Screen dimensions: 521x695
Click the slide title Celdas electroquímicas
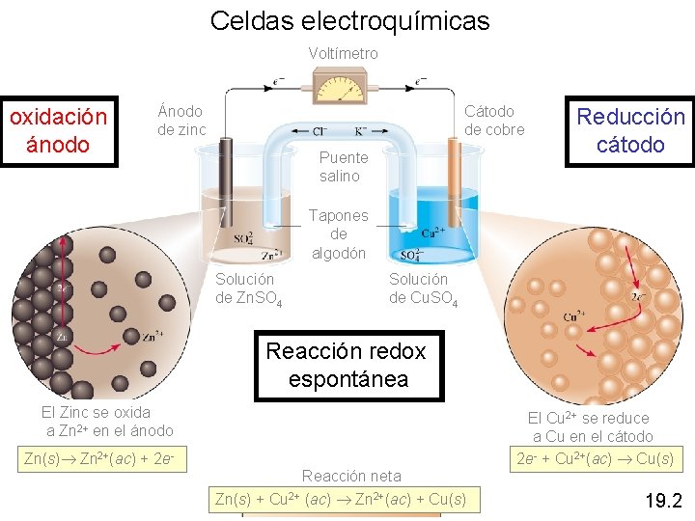tap(349, 20)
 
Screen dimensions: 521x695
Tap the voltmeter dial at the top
tap(343, 86)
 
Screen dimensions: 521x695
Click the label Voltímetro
tap(343, 54)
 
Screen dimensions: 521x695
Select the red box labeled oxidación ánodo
tap(58, 131)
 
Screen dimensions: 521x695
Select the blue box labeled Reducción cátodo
tap(630, 131)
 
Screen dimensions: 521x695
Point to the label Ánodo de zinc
tap(181, 121)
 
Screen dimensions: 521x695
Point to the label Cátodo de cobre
tap(494, 121)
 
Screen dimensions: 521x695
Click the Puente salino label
tap(344, 166)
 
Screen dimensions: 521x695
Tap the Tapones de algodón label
tap(338, 234)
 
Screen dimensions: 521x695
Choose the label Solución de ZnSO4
tap(248, 288)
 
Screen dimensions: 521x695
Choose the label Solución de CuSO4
tap(423, 288)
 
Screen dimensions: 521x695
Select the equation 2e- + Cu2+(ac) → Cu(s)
tap(596, 458)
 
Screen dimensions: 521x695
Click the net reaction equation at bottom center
tap(340, 499)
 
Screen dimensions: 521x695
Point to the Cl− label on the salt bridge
tap(318, 131)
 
